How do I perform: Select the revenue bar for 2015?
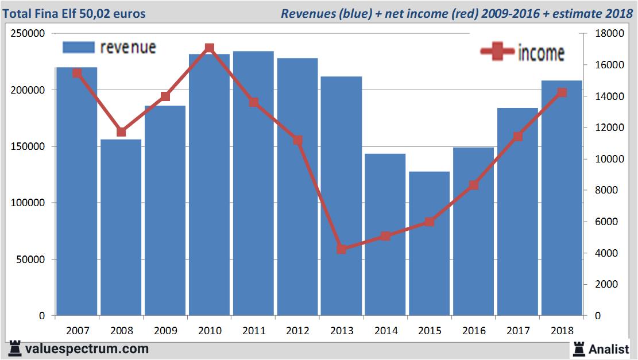click(x=430, y=243)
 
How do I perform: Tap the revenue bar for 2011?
click(x=253, y=184)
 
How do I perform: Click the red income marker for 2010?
click(x=210, y=48)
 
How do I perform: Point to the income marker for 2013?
click(x=342, y=249)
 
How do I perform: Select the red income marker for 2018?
click(x=562, y=92)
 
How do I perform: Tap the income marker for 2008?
click(x=121, y=132)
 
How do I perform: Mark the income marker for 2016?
click(x=474, y=185)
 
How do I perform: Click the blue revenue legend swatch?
click(x=78, y=47)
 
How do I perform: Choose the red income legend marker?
click(x=497, y=52)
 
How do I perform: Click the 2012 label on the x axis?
click(x=297, y=331)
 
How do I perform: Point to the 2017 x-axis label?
click(x=517, y=331)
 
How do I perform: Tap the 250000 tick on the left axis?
click(x=28, y=34)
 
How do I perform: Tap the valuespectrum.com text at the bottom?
click(x=87, y=349)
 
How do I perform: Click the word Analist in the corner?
click(x=609, y=349)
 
